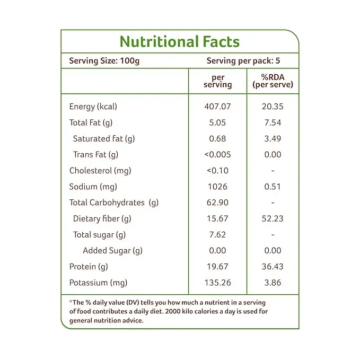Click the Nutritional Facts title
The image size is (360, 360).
(180, 42)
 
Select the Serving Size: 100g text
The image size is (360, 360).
(104, 60)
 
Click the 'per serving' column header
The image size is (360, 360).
(218, 81)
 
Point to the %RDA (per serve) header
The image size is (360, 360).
(273, 81)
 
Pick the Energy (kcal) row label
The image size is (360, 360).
(93, 107)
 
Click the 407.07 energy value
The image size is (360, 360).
(218, 107)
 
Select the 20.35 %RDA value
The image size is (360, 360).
(273, 107)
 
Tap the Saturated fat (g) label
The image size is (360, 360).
(104, 139)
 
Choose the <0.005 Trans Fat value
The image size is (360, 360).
(218, 155)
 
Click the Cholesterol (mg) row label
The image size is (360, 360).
(100, 171)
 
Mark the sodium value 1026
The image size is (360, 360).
(218, 187)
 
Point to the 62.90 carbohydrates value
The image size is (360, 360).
(218, 203)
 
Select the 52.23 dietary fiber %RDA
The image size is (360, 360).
(273, 218)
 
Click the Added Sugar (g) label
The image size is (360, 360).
(112, 251)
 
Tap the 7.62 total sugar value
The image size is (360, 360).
(218, 235)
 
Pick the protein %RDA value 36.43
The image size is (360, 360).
(273, 267)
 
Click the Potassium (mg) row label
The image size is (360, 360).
(99, 283)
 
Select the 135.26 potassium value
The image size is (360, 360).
(218, 283)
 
